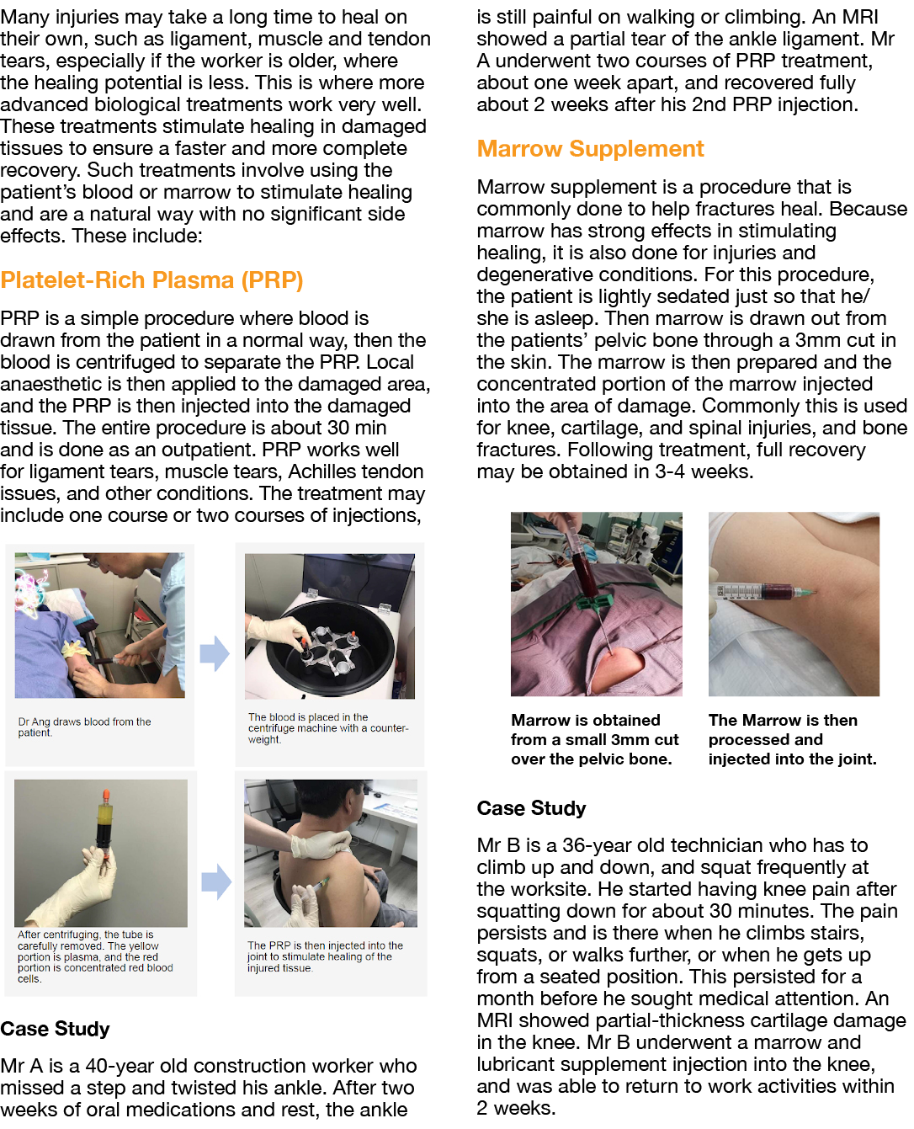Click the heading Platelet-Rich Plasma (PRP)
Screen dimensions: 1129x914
pyautogui.click(x=151, y=280)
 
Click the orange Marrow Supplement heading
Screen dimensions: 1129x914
pyautogui.click(x=590, y=149)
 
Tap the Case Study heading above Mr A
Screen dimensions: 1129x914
pyautogui.click(x=55, y=1029)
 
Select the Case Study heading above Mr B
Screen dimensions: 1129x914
pyautogui.click(x=531, y=808)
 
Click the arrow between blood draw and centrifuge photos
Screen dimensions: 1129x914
pyautogui.click(x=215, y=653)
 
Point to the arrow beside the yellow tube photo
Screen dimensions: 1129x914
pyautogui.click(x=216, y=881)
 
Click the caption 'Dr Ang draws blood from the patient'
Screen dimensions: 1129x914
pyautogui.click(x=84, y=727)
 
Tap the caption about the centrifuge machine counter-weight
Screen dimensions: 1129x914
pyautogui.click(x=327, y=728)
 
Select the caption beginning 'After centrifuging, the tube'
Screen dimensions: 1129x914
pyautogui.click(x=95, y=956)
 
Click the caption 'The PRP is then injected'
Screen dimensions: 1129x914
pyautogui.click(x=325, y=956)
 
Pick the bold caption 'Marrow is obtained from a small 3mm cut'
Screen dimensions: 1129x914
pyautogui.click(x=594, y=739)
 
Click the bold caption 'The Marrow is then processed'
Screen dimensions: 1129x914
pyautogui.click(x=792, y=739)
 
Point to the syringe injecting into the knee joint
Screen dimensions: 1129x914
pyautogui.click(x=762, y=592)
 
